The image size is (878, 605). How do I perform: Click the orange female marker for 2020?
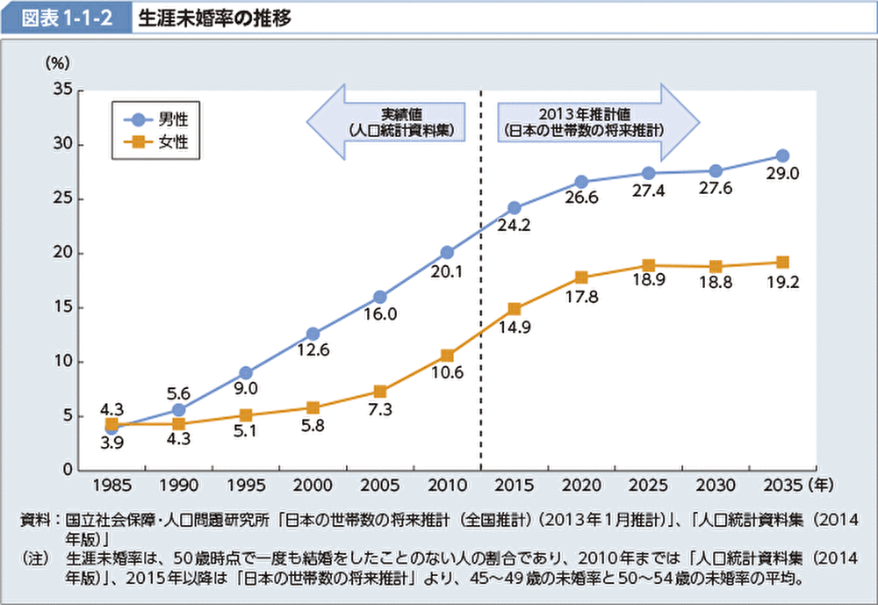[x=580, y=277]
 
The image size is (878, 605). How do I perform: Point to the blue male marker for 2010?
[x=447, y=252]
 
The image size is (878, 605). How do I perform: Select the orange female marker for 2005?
[x=380, y=392]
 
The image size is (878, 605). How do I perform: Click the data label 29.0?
[x=781, y=174]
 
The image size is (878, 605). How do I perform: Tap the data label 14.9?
[x=514, y=329]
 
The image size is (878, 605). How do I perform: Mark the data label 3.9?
[x=112, y=443]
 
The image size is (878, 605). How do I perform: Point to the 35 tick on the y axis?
[x=61, y=90]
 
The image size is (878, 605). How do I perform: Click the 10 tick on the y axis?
[x=61, y=362]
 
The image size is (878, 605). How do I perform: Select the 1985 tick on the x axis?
[x=112, y=483]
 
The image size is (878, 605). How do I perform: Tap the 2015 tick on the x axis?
[x=514, y=483]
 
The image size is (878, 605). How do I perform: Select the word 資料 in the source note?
[x=33, y=520]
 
